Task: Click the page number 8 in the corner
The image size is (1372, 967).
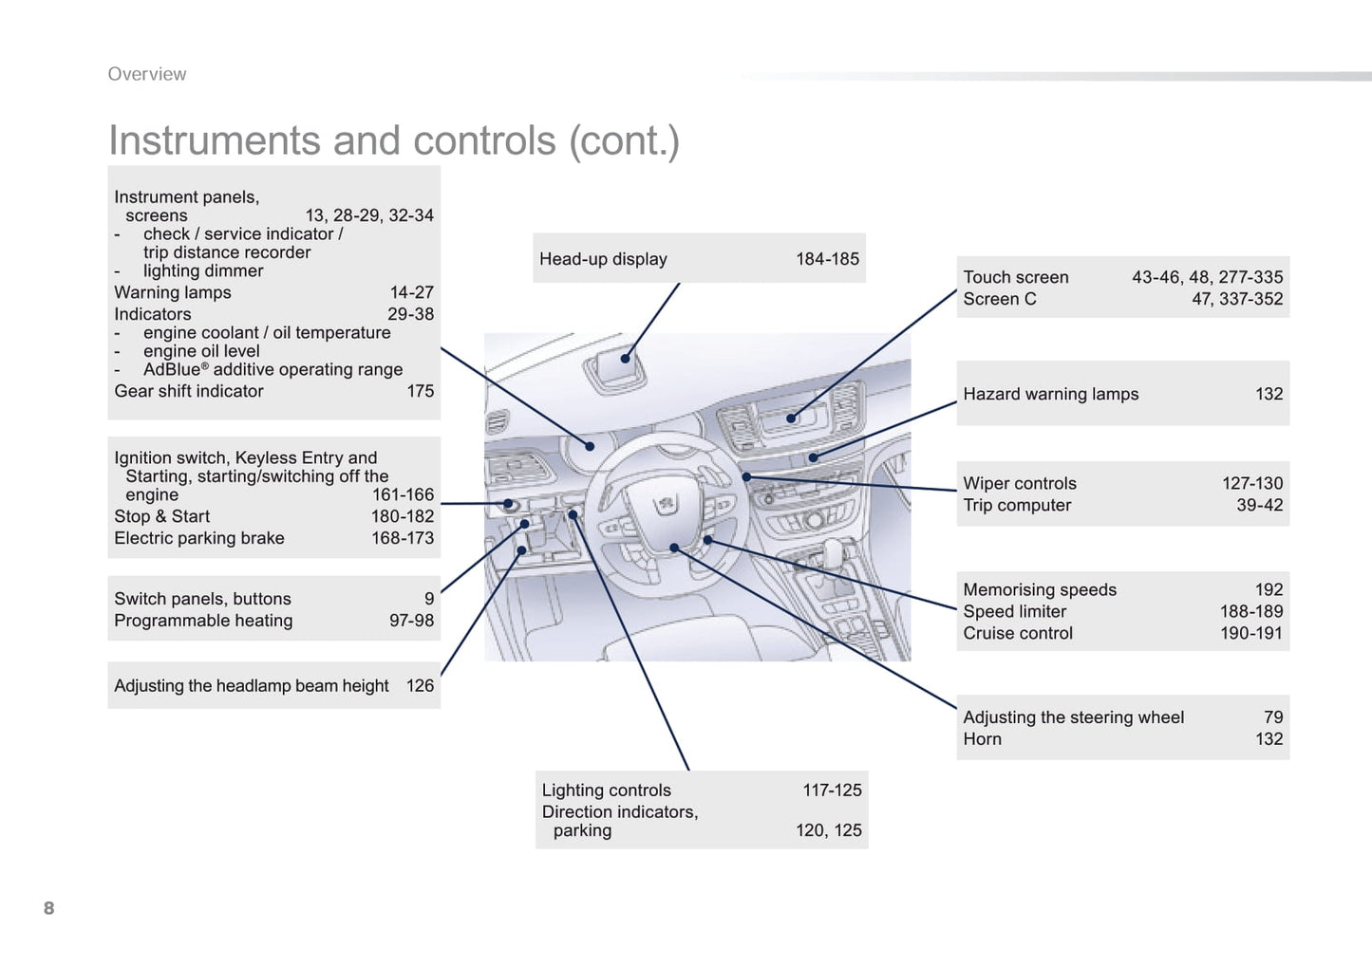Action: (48, 908)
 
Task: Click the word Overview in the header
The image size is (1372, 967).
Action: (147, 74)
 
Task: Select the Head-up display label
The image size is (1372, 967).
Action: (603, 259)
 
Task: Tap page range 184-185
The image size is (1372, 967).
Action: (827, 259)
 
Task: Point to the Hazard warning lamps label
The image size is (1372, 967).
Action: (1050, 394)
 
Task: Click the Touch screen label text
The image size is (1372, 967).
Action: (1015, 277)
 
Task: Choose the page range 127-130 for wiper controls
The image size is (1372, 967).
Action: (1251, 483)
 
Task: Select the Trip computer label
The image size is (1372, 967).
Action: (1017, 505)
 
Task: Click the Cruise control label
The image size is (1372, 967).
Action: (1018, 633)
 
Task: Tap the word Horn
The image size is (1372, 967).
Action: (982, 739)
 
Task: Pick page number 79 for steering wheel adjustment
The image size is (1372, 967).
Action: (1272, 717)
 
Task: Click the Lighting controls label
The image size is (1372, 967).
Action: (606, 790)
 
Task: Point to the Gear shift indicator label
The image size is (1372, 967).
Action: (189, 391)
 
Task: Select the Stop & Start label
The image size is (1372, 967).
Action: (161, 516)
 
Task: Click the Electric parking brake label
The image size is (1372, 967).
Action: (199, 538)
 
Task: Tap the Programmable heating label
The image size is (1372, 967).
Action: (203, 621)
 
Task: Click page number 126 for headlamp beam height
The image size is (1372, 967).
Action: (420, 686)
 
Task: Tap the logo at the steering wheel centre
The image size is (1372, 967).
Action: (667, 503)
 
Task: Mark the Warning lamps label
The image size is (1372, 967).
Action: (173, 292)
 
